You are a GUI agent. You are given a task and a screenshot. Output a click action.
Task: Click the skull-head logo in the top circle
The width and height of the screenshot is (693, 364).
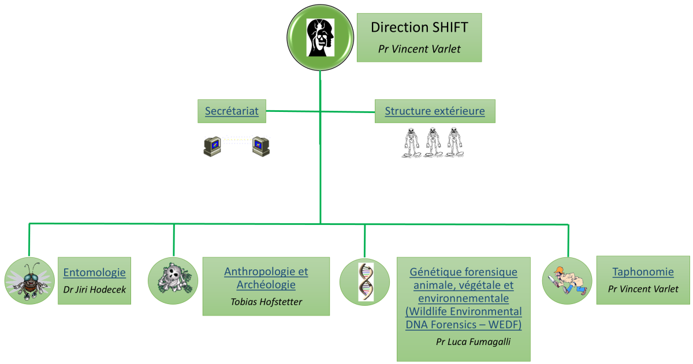[x=321, y=37]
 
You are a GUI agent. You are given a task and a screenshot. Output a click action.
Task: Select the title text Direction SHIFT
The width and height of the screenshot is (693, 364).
[x=419, y=27]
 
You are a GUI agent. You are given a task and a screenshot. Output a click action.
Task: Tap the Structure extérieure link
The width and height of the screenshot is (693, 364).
[x=435, y=111]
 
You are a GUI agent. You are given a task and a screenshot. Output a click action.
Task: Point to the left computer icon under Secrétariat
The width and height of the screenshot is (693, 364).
[x=213, y=146]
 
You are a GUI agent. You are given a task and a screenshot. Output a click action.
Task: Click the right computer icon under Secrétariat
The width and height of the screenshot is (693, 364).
[x=260, y=146]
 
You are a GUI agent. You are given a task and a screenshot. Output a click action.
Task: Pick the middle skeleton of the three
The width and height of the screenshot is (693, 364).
[x=433, y=142]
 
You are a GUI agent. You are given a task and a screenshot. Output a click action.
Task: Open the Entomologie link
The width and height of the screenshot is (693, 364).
[x=94, y=272]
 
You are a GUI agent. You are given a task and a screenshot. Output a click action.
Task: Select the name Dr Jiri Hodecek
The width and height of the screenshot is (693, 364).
[x=94, y=289]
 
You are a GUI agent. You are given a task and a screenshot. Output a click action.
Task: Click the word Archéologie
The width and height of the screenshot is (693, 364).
[x=266, y=284]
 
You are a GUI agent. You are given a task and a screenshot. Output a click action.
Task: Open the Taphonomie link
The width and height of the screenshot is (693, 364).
[x=643, y=272]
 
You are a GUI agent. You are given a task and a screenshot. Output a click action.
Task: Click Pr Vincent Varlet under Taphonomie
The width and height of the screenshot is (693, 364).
[x=643, y=289]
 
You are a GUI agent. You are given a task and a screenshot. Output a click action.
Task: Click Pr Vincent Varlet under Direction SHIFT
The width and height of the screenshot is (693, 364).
[x=419, y=49]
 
